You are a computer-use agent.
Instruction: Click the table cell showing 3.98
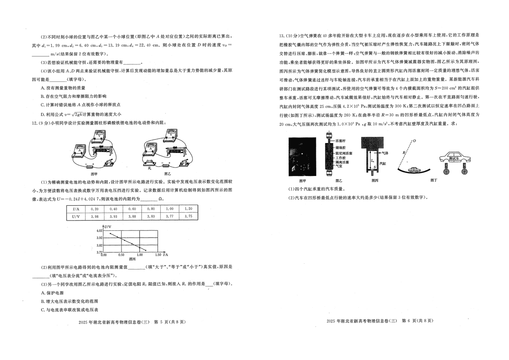click(x=95, y=216)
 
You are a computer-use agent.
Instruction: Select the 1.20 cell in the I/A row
click(x=188, y=209)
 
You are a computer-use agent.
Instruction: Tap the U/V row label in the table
click(x=76, y=216)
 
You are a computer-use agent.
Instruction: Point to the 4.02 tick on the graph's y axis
click(x=99, y=230)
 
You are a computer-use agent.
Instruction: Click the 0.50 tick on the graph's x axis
click(x=121, y=255)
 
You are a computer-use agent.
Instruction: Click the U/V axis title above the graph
click(x=108, y=226)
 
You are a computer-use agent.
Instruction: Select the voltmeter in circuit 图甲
click(x=99, y=137)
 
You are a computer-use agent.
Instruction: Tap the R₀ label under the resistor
click(x=149, y=169)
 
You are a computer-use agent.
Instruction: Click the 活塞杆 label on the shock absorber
click(x=340, y=140)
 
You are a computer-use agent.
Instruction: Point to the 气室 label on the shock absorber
click(x=338, y=166)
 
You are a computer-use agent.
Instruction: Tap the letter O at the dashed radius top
click(x=414, y=141)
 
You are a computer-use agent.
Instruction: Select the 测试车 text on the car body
click(x=454, y=158)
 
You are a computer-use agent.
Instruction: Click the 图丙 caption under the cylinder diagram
click(x=374, y=180)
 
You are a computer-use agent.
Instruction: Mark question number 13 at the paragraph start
click(x=281, y=36)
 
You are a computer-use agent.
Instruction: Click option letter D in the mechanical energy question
click(x=42, y=114)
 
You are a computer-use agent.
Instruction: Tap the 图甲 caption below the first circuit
click(x=94, y=174)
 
